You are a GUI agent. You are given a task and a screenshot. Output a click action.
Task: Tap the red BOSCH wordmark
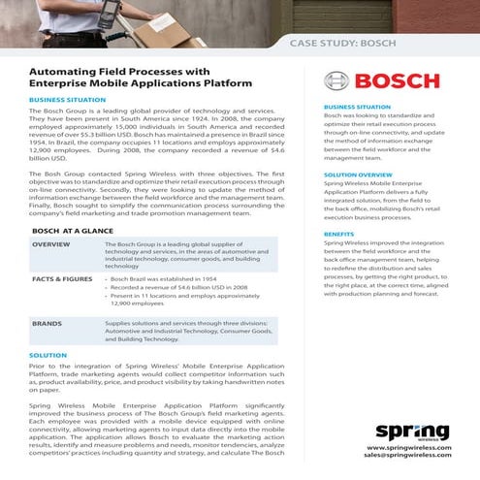[404, 80]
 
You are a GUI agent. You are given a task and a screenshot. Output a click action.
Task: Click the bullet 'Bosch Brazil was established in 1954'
[167, 277]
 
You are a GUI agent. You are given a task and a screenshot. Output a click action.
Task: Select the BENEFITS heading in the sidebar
[339, 234]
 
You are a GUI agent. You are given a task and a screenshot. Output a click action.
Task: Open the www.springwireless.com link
[409, 447]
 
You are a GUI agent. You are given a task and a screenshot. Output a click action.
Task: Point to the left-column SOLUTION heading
[48, 356]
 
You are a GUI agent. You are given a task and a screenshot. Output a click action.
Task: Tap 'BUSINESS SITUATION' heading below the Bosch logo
[358, 107]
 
